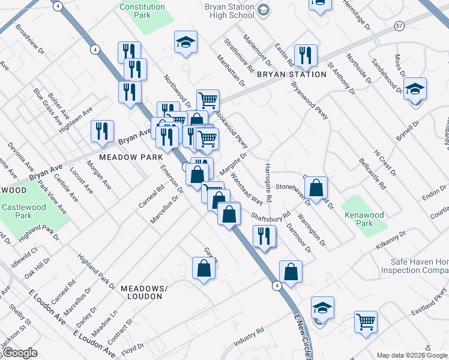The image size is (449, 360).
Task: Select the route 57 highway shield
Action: coord(399,26)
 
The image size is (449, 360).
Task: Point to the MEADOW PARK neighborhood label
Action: coord(131,157)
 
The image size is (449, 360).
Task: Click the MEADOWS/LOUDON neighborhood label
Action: coord(142,292)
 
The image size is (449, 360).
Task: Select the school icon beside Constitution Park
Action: coord(186,42)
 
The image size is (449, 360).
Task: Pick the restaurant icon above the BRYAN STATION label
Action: coord(306,56)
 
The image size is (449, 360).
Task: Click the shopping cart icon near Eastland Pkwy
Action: coord(365,321)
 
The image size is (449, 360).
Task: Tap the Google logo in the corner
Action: coord(20,353)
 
